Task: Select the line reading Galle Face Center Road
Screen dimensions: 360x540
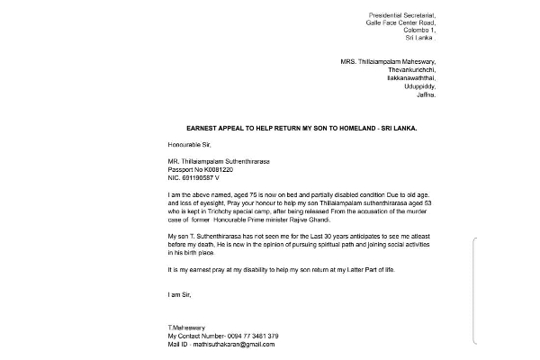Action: pos(400,22)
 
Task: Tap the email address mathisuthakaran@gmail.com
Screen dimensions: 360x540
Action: pos(233,344)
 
